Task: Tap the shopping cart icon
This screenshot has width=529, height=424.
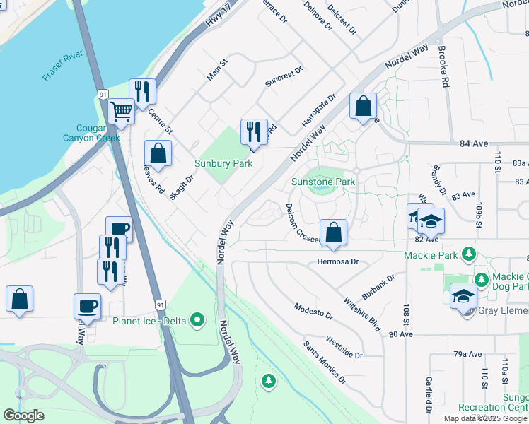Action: coord(121,112)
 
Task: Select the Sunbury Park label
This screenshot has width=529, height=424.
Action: coord(223,163)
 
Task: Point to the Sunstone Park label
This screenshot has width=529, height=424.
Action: coord(323,182)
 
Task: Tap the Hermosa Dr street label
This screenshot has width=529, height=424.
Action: coord(338,261)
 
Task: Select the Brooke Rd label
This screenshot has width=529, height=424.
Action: coord(443,66)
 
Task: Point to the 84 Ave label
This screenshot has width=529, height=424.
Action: coord(474,143)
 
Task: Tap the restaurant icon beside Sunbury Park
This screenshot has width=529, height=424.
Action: coord(254,131)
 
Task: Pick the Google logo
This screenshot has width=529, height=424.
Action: coord(24,416)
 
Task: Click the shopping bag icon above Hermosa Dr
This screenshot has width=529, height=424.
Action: coord(333,232)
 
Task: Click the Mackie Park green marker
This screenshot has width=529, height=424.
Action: coord(467,254)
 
